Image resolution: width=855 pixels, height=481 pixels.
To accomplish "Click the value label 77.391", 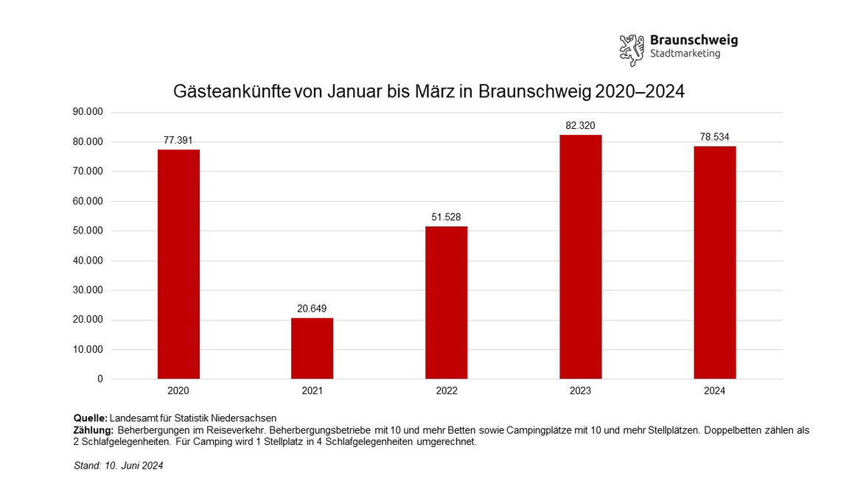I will pyautogui.click(x=178, y=140).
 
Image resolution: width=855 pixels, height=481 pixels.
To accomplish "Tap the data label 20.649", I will pyautogui.click(x=312, y=308).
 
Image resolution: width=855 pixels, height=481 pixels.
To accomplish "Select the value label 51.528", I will pyautogui.click(x=446, y=217).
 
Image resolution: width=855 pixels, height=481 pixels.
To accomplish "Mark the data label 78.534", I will pyautogui.click(x=714, y=137).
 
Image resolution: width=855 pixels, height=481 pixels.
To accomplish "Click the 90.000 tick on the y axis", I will pyautogui.click(x=88, y=112).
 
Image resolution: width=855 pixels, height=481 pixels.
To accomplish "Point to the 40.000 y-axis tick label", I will pyautogui.click(x=88, y=260).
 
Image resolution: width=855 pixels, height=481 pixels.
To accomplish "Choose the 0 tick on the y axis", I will pyautogui.click(x=100, y=379).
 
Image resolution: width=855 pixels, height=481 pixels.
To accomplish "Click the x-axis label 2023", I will pyautogui.click(x=580, y=391).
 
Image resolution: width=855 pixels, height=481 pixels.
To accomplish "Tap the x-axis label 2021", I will pyautogui.click(x=312, y=391).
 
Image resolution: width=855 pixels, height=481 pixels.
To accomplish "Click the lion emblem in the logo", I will pyautogui.click(x=632, y=48).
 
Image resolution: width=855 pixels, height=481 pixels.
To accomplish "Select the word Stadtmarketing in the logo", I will pyautogui.click(x=685, y=55).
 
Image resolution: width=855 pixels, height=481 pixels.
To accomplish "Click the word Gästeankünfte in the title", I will pyautogui.click(x=231, y=92).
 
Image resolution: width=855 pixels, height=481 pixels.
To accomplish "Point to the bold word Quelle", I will pyautogui.click(x=91, y=418).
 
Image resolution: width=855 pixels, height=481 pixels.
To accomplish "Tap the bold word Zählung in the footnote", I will pyautogui.click(x=93, y=430).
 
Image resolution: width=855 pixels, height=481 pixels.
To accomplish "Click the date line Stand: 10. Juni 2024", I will pyautogui.click(x=119, y=466).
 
